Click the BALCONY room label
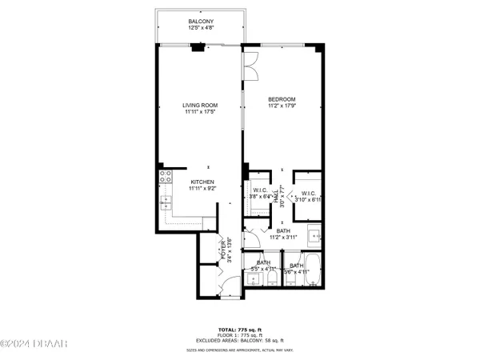(x=200, y=22)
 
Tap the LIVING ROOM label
(x=200, y=105)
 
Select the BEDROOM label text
(x=282, y=99)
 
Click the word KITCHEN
(x=201, y=182)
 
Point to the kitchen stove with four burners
(x=166, y=178)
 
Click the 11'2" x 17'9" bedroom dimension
(x=282, y=106)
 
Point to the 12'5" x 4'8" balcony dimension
(x=200, y=29)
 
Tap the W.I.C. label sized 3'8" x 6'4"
(x=259, y=190)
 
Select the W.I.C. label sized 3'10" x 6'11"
(x=308, y=194)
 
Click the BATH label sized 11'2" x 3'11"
(x=283, y=231)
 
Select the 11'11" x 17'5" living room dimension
(x=200, y=112)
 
